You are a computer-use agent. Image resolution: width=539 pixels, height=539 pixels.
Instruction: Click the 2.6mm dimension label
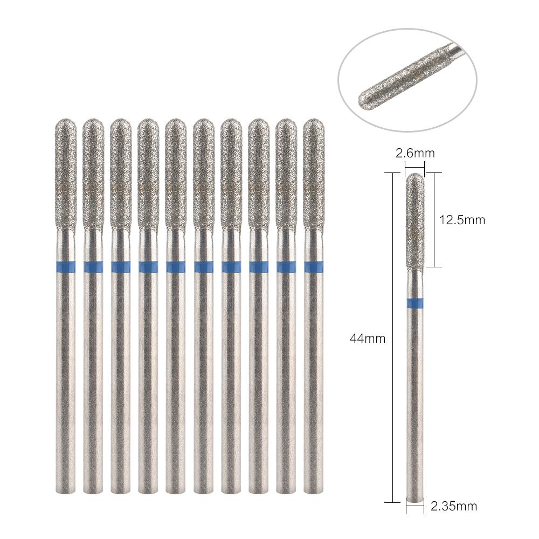(415, 153)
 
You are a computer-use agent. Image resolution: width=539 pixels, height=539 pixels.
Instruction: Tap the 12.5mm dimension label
(462, 220)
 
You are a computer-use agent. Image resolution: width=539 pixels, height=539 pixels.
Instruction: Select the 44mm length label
(368, 338)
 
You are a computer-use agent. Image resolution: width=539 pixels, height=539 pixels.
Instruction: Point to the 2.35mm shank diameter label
(453, 506)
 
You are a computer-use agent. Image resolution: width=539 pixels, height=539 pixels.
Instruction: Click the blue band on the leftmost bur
(65, 267)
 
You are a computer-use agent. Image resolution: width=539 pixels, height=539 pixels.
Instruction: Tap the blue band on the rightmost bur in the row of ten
(313, 267)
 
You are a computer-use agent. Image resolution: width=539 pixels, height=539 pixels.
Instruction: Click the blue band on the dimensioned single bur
(415, 303)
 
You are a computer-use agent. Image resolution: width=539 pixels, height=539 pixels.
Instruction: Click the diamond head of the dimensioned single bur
(415, 220)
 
